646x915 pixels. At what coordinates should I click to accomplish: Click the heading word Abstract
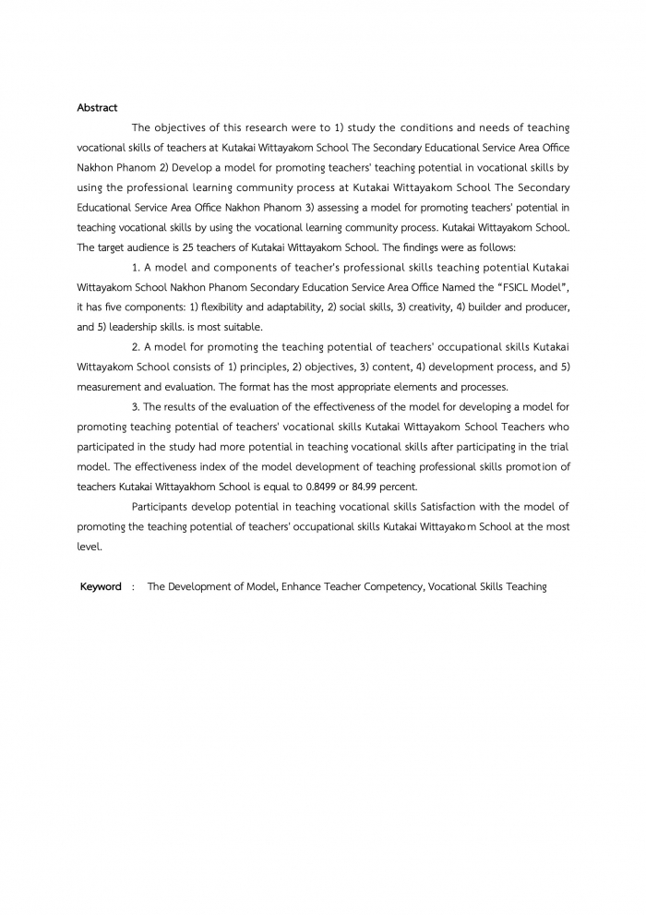point(97,108)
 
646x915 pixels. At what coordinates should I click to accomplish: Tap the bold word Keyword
point(101,586)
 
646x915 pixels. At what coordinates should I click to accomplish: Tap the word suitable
point(242,327)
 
